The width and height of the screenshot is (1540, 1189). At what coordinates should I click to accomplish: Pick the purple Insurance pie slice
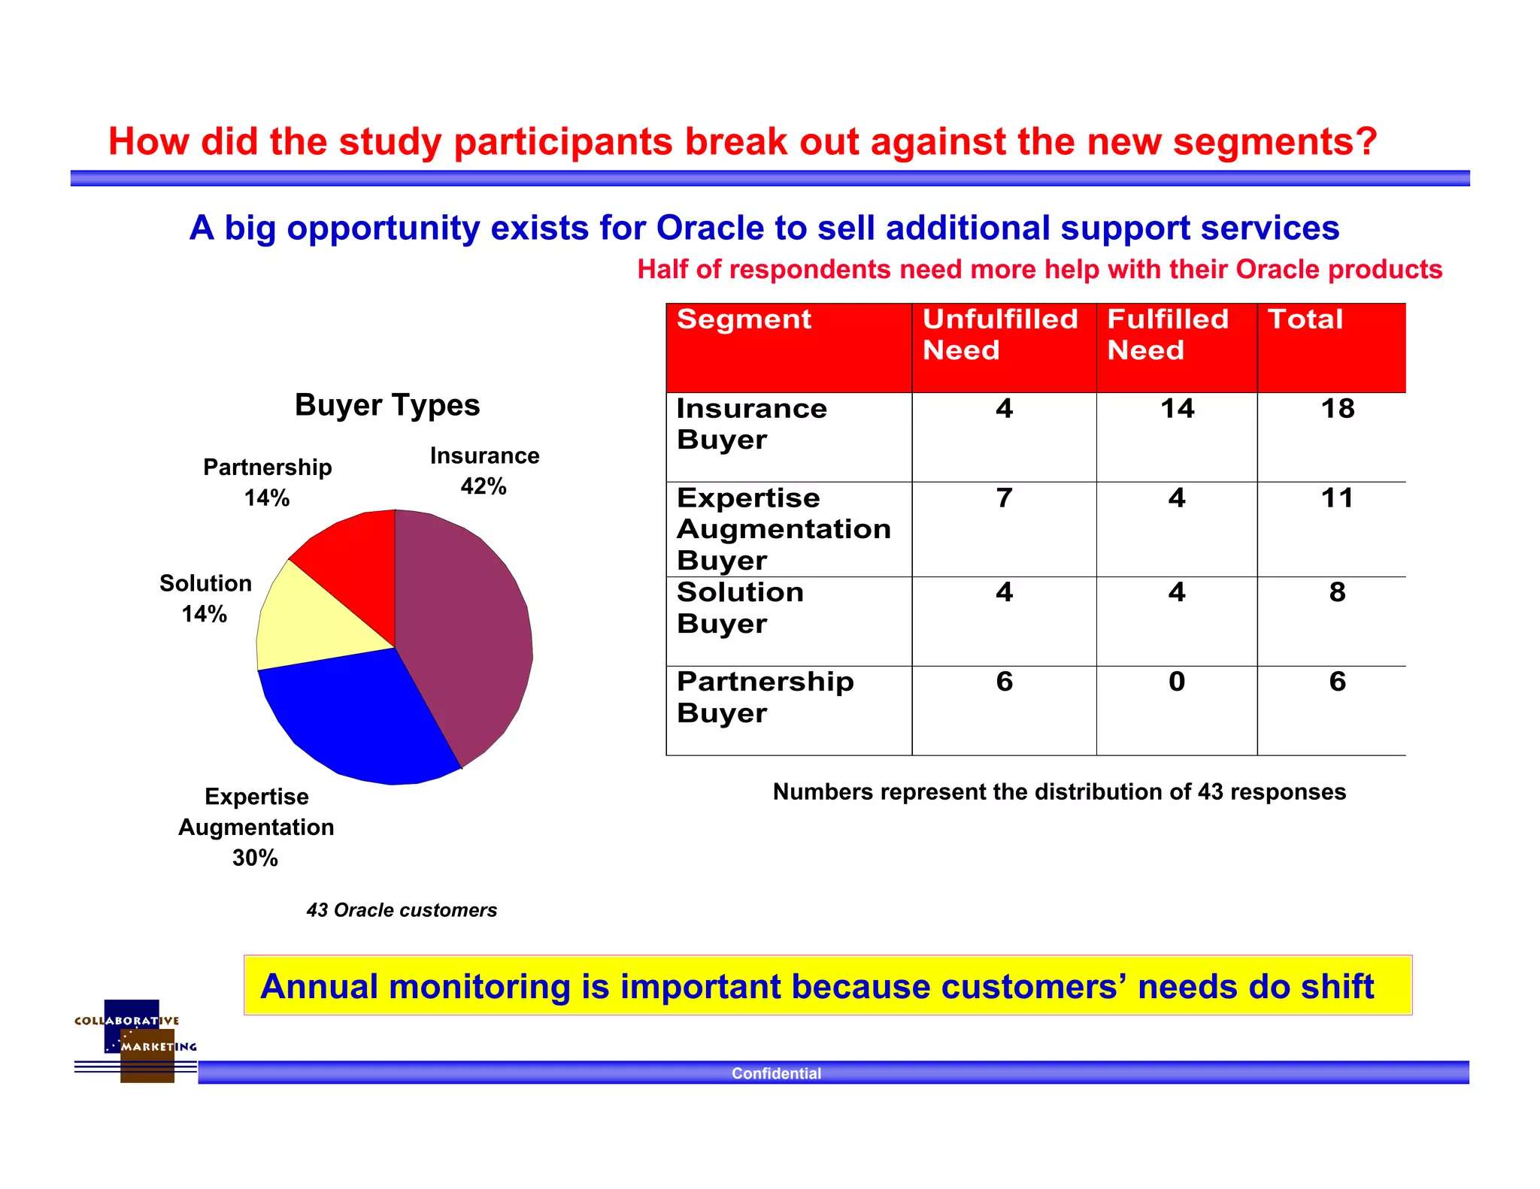[x=466, y=631]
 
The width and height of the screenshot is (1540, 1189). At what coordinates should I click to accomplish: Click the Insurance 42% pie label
[x=484, y=471]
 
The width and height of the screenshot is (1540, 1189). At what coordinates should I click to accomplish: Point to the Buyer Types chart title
[x=387, y=405]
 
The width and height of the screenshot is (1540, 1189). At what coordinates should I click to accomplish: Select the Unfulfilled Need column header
[x=1000, y=334]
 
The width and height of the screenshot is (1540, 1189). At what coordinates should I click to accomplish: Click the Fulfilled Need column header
[x=1168, y=334]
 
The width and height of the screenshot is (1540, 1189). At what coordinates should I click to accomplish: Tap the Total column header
[x=1305, y=319]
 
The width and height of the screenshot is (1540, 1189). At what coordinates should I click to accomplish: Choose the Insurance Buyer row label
[x=751, y=424]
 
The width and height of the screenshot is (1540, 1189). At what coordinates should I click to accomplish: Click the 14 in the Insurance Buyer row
[x=1177, y=409]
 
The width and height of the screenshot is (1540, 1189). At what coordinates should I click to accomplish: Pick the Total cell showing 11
[x=1337, y=498]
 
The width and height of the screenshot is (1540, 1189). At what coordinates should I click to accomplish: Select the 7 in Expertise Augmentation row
[x=1004, y=498]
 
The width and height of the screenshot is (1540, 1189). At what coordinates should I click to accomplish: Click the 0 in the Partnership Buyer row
[x=1177, y=682]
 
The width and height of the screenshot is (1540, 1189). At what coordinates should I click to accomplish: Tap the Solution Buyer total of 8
[x=1337, y=592]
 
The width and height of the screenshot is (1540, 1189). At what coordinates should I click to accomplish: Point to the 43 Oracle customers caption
[x=402, y=910]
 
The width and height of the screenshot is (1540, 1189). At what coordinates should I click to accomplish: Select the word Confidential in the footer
[x=776, y=1073]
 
